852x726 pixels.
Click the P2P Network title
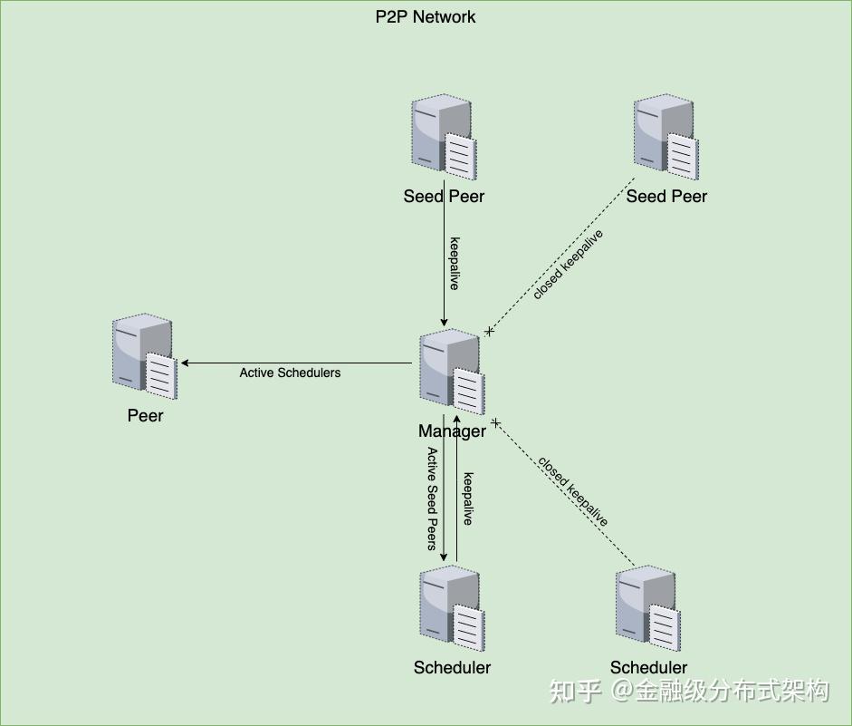pos(425,16)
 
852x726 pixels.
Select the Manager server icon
pos(452,373)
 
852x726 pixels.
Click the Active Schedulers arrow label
pos(290,373)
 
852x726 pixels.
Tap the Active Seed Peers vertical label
pos(433,499)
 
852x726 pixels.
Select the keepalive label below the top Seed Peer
pos(455,264)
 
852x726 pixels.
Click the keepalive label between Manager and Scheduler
pos(467,499)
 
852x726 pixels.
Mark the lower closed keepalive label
pos(573,490)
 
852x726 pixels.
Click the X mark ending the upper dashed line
pos(490,332)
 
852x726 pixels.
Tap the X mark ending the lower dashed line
pos(496,422)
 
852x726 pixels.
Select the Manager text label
pos(452,431)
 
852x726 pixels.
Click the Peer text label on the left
pos(145,416)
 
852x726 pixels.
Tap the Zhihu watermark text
pos(689,691)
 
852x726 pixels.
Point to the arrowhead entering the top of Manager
pos(444,322)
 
